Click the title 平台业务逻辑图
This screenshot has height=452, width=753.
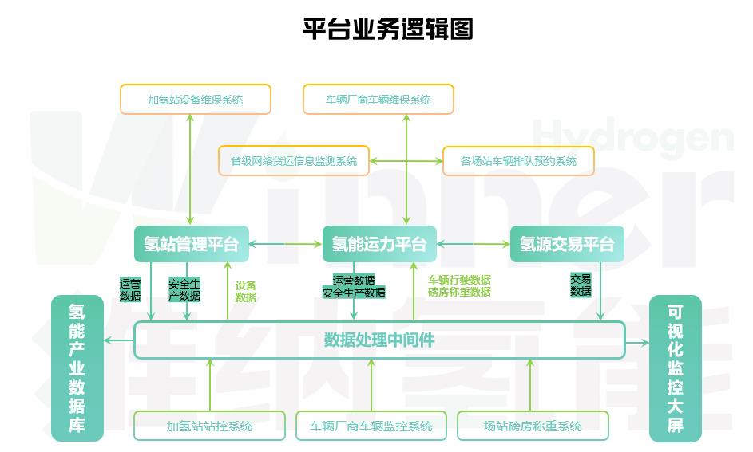(388, 29)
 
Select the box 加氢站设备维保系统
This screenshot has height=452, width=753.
(196, 100)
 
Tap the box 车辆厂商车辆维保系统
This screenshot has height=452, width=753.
(378, 100)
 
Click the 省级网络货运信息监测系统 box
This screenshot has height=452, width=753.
(294, 161)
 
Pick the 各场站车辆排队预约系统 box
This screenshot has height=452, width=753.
(518, 161)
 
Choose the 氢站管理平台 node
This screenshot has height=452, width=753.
(192, 244)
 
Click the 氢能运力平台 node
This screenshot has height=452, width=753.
(379, 244)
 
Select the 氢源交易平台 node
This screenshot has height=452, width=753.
(567, 244)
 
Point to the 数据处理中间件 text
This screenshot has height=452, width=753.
(379, 340)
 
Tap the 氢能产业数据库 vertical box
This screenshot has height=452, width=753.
(77, 368)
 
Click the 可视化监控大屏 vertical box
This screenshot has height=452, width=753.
(676, 368)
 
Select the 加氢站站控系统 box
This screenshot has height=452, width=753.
(209, 426)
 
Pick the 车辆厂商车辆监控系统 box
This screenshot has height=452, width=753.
(371, 426)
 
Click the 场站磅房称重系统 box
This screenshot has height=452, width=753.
(533, 426)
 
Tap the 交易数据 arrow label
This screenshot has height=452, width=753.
(581, 285)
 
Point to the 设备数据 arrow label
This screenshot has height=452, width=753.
(245, 291)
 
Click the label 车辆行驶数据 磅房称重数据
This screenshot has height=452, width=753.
(459, 285)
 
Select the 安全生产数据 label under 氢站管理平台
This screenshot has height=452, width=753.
(184, 290)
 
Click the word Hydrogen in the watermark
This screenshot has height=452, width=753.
(632, 136)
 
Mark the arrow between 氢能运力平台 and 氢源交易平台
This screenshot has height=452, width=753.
(473, 244)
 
